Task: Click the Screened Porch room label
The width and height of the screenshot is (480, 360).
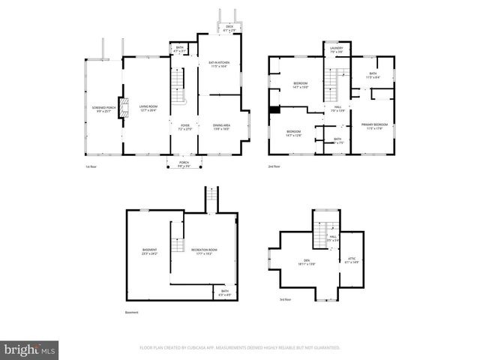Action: point(102,109)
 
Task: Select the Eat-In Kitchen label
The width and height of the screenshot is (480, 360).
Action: point(220,65)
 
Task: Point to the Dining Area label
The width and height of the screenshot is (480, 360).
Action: point(221,127)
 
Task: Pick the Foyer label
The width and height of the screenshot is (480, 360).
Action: point(184,127)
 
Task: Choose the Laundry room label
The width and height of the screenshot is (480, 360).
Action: point(336,50)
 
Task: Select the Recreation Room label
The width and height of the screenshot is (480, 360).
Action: point(203,251)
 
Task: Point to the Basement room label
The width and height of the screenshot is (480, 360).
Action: point(150,251)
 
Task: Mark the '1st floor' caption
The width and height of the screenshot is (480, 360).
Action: point(91,166)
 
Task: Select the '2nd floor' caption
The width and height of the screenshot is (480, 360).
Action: point(274,166)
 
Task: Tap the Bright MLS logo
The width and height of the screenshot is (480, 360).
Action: point(30,349)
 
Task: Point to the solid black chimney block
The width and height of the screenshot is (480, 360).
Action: point(274,110)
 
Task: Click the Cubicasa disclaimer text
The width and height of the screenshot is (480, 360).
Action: point(240,348)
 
